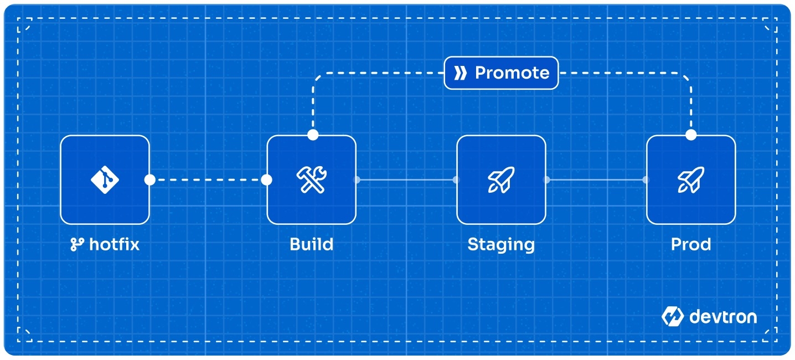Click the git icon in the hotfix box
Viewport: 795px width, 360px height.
tap(105, 179)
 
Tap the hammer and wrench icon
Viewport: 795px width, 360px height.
tap(312, 179)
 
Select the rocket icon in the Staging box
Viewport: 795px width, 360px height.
tap(501, 179)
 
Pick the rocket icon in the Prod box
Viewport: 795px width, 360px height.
tap(691, 179)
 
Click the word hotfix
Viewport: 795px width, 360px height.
tap(114, 245)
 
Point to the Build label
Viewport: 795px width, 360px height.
tap(312, 245)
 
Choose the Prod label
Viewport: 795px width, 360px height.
tap(691, 245)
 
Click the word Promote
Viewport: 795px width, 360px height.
tap(512, 73)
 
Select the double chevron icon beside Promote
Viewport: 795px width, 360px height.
tap(460, 73)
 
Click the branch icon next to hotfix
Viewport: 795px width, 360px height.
tap(77, 245)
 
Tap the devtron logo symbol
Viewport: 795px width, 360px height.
tap(672, 316)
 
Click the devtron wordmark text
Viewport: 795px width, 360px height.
tap(723, 317)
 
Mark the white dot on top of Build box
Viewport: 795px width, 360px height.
tap(313, 135)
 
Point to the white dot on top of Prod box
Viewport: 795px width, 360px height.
tap(691, 135)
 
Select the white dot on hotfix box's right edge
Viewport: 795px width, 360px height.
tap(150, 180)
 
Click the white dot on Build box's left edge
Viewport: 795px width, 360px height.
tap(266, 180)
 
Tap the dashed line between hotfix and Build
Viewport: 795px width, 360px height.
tap(208, 180)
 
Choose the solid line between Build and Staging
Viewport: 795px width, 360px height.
tap(406, 180)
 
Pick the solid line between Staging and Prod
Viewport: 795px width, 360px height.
tap(596, 180)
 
